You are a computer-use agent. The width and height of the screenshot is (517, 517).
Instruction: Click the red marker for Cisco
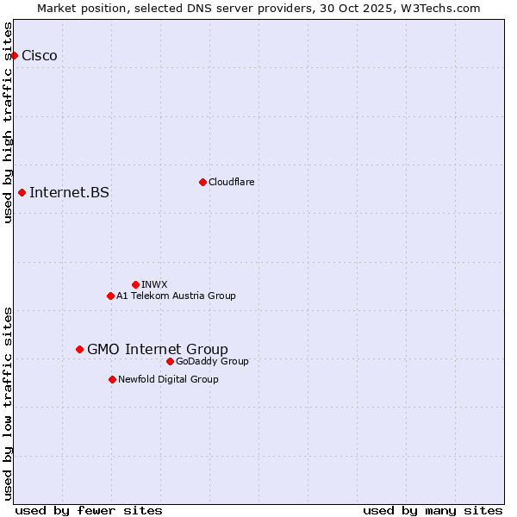point(14,56)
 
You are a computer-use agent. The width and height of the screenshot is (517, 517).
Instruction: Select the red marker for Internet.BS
point(22,192)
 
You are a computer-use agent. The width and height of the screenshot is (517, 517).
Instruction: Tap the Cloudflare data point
point(202,182)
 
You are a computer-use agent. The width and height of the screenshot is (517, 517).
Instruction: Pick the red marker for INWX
point(135,284)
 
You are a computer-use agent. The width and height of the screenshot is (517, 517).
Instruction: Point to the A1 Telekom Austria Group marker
point(110,296)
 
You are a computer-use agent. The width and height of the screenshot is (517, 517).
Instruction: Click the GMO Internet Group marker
point(79,349)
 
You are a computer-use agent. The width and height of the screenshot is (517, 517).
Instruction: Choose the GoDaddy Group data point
point(170,361)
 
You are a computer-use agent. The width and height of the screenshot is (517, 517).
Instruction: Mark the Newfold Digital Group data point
point(112,379)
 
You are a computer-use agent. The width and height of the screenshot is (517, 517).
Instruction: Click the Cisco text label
point(40,56)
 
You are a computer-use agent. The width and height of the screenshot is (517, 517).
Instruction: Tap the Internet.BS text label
point(69,192)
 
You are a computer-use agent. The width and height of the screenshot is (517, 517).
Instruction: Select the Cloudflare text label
point(231,182)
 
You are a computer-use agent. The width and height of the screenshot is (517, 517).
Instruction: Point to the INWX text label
point(154,284)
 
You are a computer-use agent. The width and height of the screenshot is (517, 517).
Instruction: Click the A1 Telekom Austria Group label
point(176,296)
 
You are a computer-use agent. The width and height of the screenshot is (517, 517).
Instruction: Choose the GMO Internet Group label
point(158,349)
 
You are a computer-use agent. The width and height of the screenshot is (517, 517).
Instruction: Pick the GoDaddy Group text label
point(212,361)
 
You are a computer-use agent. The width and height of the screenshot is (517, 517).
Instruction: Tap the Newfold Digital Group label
point(168,379)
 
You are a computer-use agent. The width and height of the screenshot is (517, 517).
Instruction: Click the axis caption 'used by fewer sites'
point(89,510)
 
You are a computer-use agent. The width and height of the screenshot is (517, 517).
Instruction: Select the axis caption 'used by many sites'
point(433,510)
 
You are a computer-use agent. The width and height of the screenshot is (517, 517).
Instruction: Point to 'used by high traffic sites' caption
point(9,122)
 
